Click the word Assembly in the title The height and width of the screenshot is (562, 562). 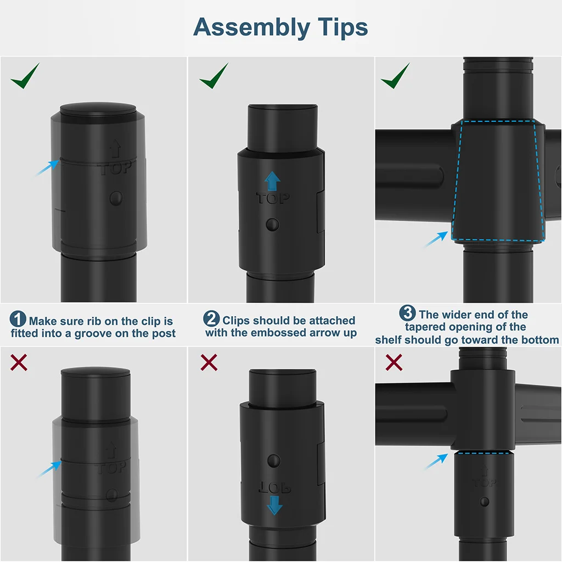[251, 28]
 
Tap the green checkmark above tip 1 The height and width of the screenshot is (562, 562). [25, 76]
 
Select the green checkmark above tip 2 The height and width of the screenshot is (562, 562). [214, 76]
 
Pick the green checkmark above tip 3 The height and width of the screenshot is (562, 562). [395, 76]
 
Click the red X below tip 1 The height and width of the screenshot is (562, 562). [19, 362]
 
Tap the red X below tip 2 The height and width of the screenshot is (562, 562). [209, 362]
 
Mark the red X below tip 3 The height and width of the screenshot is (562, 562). [394, 362]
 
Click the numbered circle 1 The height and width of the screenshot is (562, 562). [18, 319]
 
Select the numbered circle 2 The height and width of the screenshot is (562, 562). [211, 318]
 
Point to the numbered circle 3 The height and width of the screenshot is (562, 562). [408, 313]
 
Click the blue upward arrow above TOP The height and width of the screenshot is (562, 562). [272, 181]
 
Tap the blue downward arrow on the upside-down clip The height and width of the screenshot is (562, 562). [274, 505]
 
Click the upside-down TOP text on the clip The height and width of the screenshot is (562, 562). [274, 487]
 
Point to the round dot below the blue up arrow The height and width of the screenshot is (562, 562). [272, 224]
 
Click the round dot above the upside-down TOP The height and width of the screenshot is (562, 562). [274, 461]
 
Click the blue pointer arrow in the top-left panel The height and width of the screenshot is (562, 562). [47, 168]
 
